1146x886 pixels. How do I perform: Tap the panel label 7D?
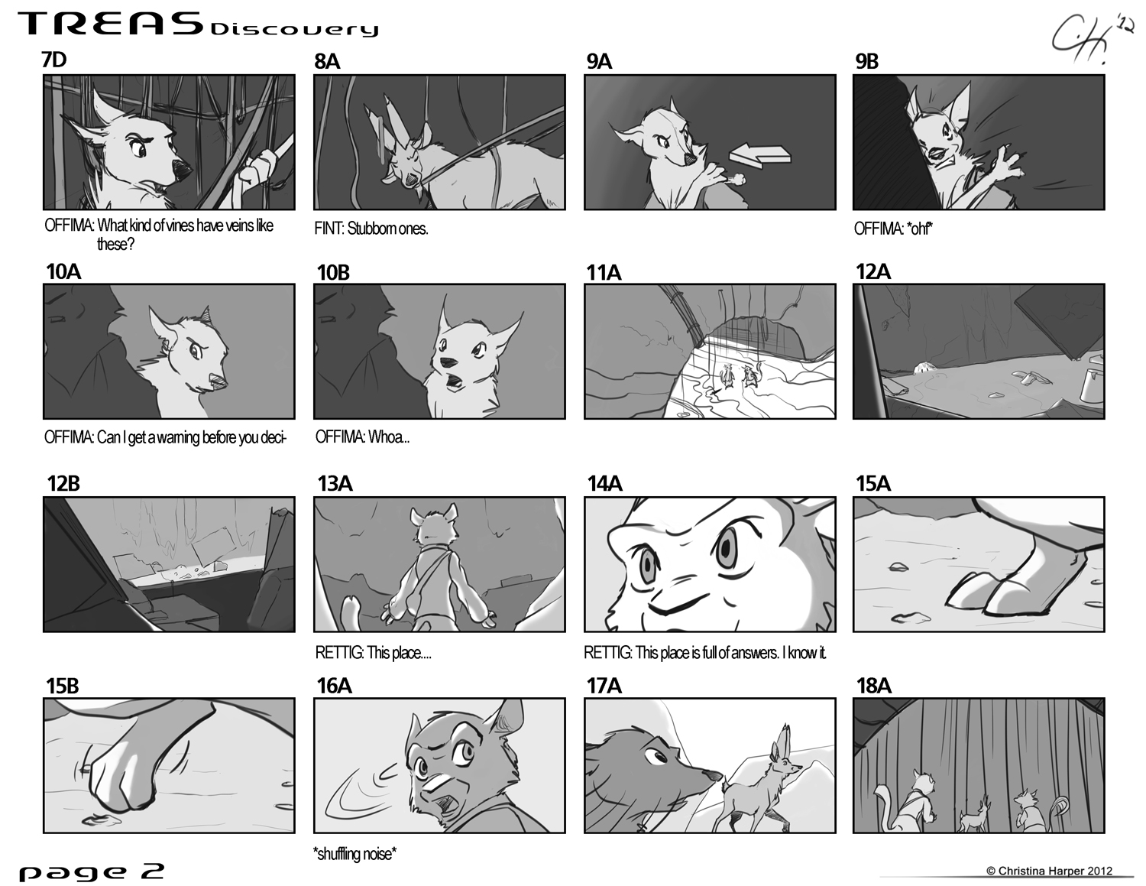(x=53, y=60)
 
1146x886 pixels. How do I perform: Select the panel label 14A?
(x=604, y=483)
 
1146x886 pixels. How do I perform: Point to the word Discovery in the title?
(x=294, y=28)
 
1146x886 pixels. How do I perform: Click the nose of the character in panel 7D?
(x=183, y=170)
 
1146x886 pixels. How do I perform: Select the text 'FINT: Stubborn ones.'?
(x=371, y=229)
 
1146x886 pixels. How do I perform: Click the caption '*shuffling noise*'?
(x=354, y=853)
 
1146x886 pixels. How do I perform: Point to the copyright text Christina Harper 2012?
(x=1049, y=871)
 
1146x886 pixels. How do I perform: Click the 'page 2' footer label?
(x=91, y=871)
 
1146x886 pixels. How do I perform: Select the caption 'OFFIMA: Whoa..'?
(x=362, y=437)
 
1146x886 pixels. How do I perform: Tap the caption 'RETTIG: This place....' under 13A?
(x=373, y=653)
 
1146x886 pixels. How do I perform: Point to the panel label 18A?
(x=873, y=686)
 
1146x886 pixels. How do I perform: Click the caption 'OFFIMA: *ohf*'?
(x=893, y=229)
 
